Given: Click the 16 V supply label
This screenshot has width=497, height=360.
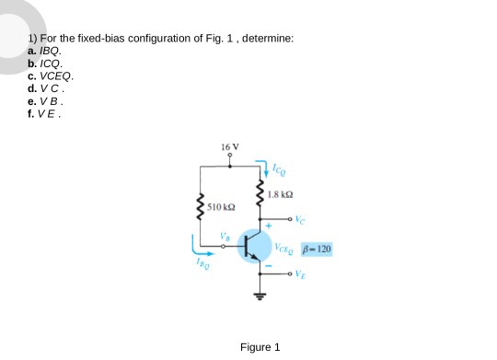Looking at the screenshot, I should click(x=230, y=146).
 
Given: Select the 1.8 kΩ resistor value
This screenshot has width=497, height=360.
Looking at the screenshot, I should click(x=280, y=194).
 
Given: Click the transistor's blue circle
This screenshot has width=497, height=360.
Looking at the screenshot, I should click(x=257, y=246).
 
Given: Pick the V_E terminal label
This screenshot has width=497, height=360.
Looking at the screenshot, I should click(x=300, y=273).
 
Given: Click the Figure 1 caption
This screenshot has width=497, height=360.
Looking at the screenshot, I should click(x=259, y=347).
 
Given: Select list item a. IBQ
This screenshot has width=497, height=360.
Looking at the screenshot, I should click(x=45, y=53).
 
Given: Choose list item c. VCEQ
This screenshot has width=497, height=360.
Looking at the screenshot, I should click(x=50, y=77).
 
